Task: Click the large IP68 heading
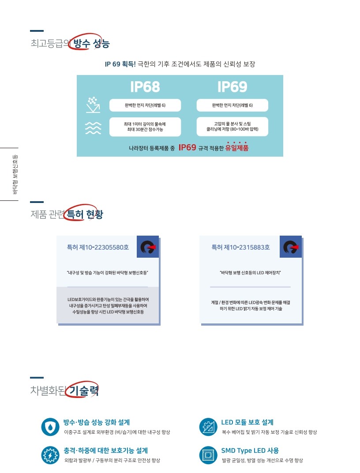pos(145,87)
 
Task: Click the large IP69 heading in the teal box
pos(232,87)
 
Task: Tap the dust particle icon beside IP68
pos(93,105)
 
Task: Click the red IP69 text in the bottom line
pos(187,147)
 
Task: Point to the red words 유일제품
pos(237,147)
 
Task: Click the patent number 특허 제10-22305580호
pos(97,248)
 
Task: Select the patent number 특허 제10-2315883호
pos(240,248)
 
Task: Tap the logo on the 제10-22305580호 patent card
pos(148,247)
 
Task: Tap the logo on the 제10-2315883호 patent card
pos(291,247)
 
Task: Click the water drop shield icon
pos(50,427)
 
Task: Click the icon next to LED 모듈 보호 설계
pos(208,427)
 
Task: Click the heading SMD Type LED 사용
pos(250,450)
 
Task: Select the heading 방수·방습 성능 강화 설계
pos(97,422)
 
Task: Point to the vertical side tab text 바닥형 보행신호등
pos(15,175)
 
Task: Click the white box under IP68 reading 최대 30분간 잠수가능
pos(145,127)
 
